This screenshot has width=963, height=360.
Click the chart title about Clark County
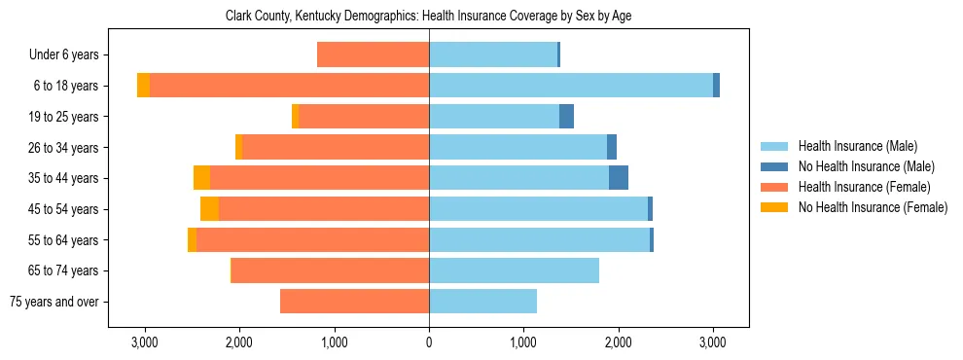click(x=429, y=17)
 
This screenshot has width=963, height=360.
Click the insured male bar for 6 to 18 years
click(x=571, y=86)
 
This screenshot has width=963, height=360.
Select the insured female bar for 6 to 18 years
click(x=290, y=86)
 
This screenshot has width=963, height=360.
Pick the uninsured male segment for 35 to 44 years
click(x=619, y=178)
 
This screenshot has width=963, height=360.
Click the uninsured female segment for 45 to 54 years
click(x=209, y=209)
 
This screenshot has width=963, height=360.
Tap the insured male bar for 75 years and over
click(x=482, y=302)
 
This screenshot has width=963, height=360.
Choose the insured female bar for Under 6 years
click(x=374, y=54)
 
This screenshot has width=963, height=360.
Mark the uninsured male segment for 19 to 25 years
click(x=566, y=117)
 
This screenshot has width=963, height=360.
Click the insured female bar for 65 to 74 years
click(x=331, y=270)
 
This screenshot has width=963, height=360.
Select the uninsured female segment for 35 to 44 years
click(x=201, y=178)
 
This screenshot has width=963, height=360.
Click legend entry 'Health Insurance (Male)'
click(x=857, y=146)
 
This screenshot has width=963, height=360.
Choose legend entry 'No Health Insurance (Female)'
click(x=873, y=207)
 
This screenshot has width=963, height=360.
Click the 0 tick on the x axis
click(x=429, y=342)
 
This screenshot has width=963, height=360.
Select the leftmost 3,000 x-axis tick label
click(x=145, y=342)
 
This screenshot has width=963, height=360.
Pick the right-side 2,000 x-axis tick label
click(x=618, y=342)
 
